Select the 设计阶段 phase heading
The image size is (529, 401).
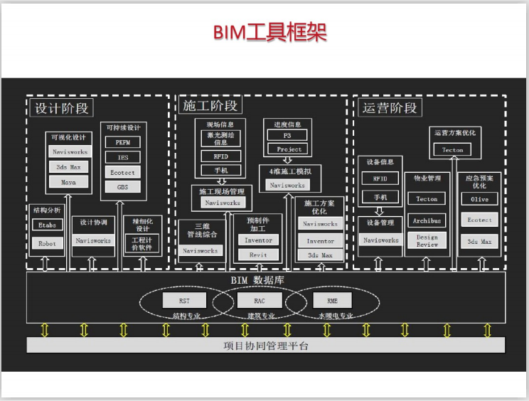tap(62, 108)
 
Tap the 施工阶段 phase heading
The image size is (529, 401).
tap(210, 106)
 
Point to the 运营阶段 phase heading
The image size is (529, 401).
tap(390, 108)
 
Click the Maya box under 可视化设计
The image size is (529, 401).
tap(69, 182)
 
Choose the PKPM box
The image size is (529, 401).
tap(123, 142)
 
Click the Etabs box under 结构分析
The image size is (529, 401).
tap(47, 225)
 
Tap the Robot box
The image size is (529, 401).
tap(47, 243)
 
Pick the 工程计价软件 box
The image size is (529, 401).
tap(142, 244)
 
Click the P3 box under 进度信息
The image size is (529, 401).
tap(287, 135)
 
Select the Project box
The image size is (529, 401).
tap(289, 149)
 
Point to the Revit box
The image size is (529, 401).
tap(258, 255)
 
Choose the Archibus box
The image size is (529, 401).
tap(427, 220)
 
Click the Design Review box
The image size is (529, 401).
tap(427, 240)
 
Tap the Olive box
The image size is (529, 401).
tap(480, 200)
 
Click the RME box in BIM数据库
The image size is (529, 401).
tap(332, 301)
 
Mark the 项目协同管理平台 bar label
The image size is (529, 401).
tap(266, 346)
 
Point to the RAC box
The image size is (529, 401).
tap(259, 301)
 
